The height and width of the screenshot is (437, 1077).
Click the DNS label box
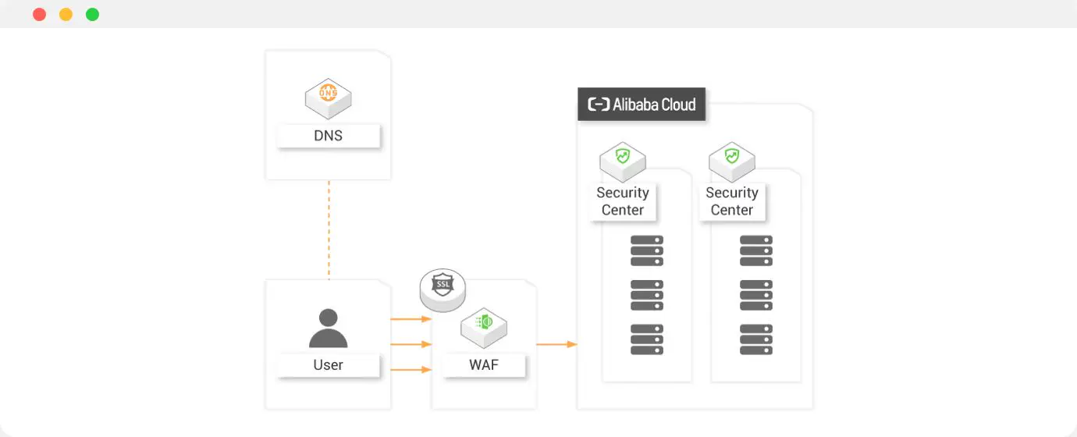pos(328,136)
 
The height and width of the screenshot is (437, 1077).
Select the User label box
pos(328,365)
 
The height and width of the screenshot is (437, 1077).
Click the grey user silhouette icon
pos(328,329)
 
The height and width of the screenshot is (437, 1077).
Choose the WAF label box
pos(484,365)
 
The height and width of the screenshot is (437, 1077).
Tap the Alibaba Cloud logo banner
pos(642,105)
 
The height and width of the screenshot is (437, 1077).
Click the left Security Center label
pos(623,201)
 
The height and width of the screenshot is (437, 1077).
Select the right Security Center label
pos(732,201)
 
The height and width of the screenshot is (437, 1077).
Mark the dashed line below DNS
pos(329,230)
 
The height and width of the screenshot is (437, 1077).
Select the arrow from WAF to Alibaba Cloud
pos(556,344)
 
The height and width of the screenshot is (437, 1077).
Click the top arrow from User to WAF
pos(411,319)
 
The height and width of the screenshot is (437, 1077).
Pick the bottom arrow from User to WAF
pos(411,369)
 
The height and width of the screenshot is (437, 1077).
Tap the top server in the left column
pos(647,250)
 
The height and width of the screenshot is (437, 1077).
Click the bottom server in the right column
pos(756,340)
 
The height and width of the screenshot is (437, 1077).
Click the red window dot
pos(40,15)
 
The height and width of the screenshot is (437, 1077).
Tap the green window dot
pos(92,15)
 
